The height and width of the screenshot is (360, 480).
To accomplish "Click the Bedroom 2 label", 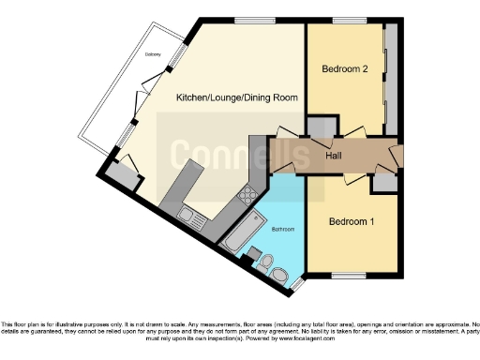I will [343, 68].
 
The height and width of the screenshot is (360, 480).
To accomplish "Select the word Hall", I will [333, 156].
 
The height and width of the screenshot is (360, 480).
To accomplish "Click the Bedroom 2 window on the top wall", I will [349, 21].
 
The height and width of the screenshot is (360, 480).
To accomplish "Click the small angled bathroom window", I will [297, 281].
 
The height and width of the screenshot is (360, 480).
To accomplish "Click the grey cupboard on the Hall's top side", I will [321, 128].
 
